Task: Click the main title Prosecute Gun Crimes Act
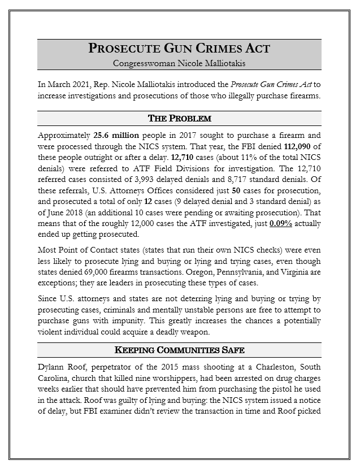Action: coord(179,49)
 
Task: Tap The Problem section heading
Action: coord(179,118)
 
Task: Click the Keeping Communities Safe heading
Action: coord(179,350)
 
